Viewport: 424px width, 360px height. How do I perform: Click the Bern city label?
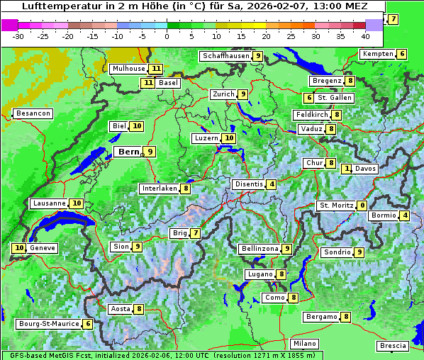[x=128, y=152]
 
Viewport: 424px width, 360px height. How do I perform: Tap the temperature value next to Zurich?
[x=242, y=94]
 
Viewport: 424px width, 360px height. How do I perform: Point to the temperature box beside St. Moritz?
[x=362, y=206]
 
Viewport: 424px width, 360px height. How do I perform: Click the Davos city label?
[x=366, y=169]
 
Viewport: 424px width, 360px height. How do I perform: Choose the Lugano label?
[x=260, y=274]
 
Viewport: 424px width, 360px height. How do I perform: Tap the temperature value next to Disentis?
[x=272, y=184]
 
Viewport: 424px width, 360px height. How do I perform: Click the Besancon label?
[x=33, y=113]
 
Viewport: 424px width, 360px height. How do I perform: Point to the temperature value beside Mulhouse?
[x=155, y=69]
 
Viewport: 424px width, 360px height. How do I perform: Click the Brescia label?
[x=394, y=346]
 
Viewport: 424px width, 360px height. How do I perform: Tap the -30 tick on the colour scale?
[x=18, y=36]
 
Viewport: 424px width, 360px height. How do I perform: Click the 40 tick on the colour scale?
[x=365, y=36]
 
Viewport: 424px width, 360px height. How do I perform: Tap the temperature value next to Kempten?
[x=401, y=54]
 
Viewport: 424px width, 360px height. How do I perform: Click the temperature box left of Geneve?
[x=19, y=248]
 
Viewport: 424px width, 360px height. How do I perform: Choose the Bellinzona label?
[x=259, y=249]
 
